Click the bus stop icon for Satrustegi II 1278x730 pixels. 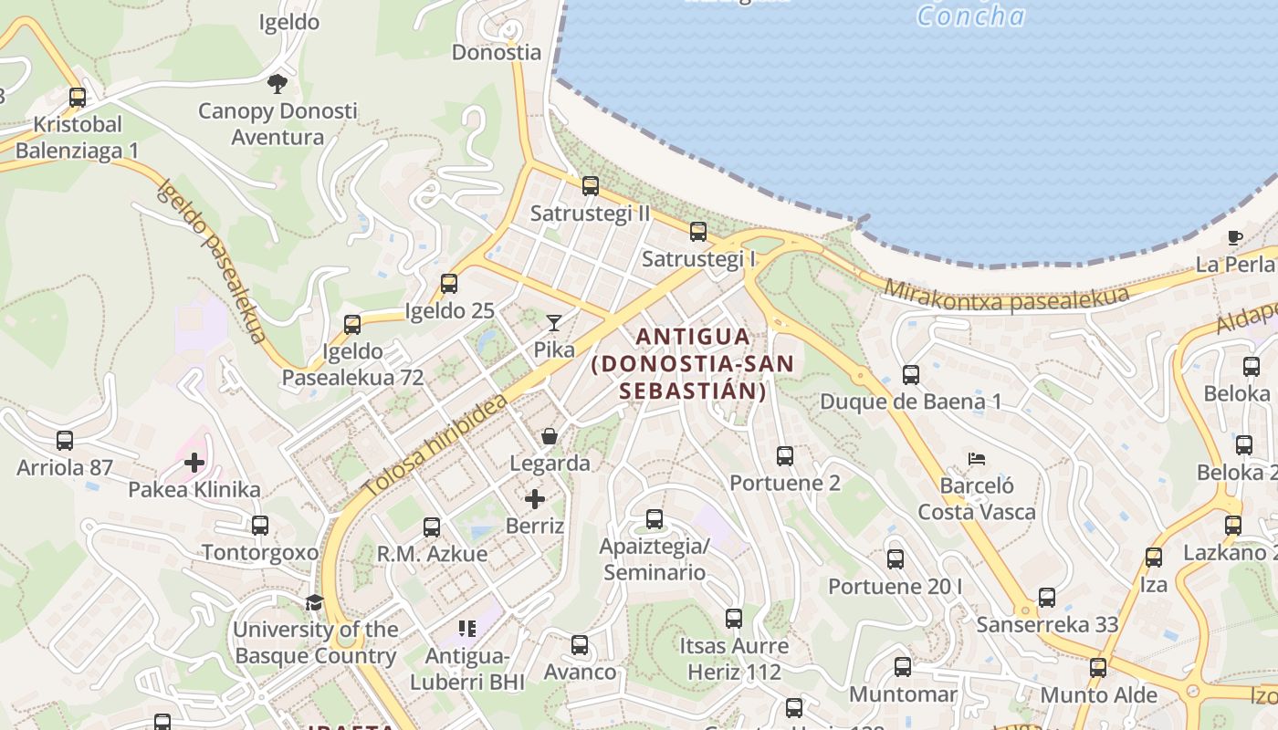(591, 186)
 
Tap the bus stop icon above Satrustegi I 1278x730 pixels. (698, 232)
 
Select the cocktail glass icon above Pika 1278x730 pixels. (554, 322)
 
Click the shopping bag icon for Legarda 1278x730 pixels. (550, 436)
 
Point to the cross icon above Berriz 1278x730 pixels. (535, 499)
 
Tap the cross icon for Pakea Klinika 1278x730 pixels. (194, 463)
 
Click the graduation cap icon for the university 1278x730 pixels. (315, 602)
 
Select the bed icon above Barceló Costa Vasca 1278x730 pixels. (977, 458)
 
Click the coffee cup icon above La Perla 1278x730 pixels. (1234, 238)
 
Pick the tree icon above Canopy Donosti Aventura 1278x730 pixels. (278, 84)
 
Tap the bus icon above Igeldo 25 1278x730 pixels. (449, 283)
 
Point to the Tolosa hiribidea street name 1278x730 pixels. (435, 447)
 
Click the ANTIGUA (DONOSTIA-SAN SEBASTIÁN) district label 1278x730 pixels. (693, 364)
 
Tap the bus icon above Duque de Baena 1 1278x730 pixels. (910, 374)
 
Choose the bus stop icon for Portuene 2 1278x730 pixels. (785, 455)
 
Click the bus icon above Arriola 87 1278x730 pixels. (65, 441)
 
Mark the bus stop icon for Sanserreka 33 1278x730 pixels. (1047, 598)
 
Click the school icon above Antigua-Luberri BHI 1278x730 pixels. (467, 628)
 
